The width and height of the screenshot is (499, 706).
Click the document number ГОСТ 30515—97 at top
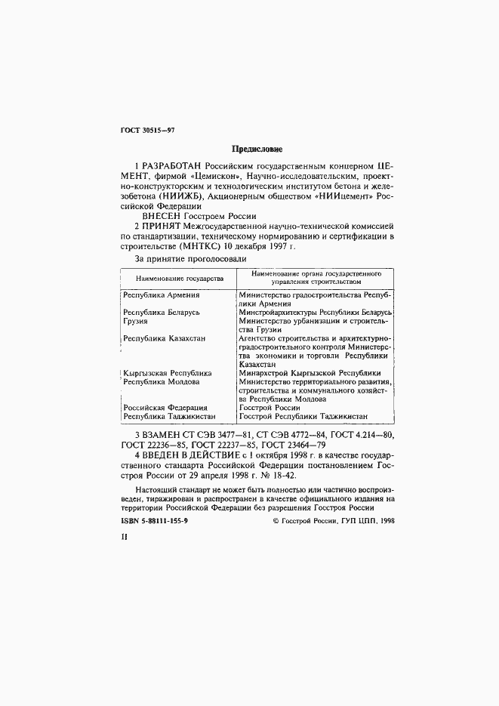148,130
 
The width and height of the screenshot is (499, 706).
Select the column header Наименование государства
175,278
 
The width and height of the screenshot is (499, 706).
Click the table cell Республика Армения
161,294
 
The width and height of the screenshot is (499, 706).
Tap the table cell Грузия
136,321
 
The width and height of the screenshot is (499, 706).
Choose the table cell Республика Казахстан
164,339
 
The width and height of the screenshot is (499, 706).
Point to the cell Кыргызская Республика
168,373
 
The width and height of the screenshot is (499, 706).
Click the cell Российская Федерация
166,407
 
